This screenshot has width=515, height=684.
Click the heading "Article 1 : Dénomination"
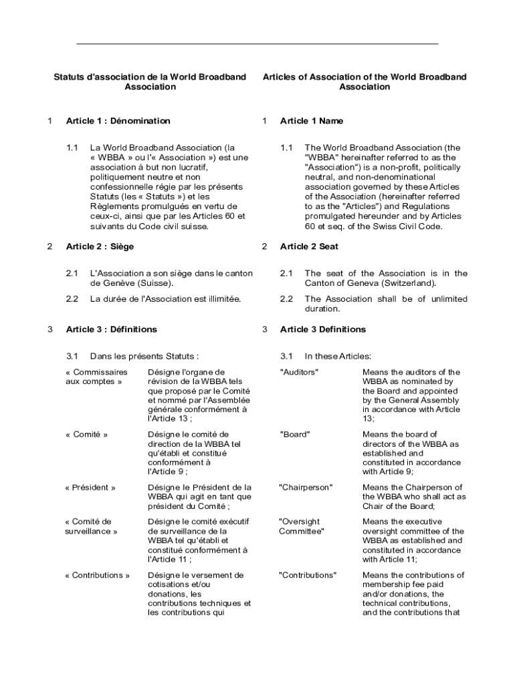click(x=118, y=121)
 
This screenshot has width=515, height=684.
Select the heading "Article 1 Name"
click(x=311, y=121)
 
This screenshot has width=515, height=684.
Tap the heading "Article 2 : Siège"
click(x=100, y=246)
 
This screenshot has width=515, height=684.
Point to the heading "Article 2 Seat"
click(x=309, y=246)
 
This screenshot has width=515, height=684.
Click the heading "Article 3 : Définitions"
click(x=111, y=329)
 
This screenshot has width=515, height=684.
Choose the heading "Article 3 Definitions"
click(x=323, y=329)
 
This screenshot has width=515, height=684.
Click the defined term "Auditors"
click(x=298, y=372)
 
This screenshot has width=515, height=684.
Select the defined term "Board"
click(x=294, y=434)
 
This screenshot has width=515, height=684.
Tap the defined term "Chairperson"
click(x=306, y=488)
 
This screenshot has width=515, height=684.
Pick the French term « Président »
click(x=90, y=488)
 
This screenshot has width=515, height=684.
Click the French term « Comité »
click(x=86, y=434)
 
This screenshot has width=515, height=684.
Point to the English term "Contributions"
click(x=308, y=575)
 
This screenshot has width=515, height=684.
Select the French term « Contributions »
click(x=97, y=575)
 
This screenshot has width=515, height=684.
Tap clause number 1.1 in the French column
click(x=72, y=148)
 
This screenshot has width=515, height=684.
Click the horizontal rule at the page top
click(x=257, y=43)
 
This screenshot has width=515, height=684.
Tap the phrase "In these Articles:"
click(x=338, y=356)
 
